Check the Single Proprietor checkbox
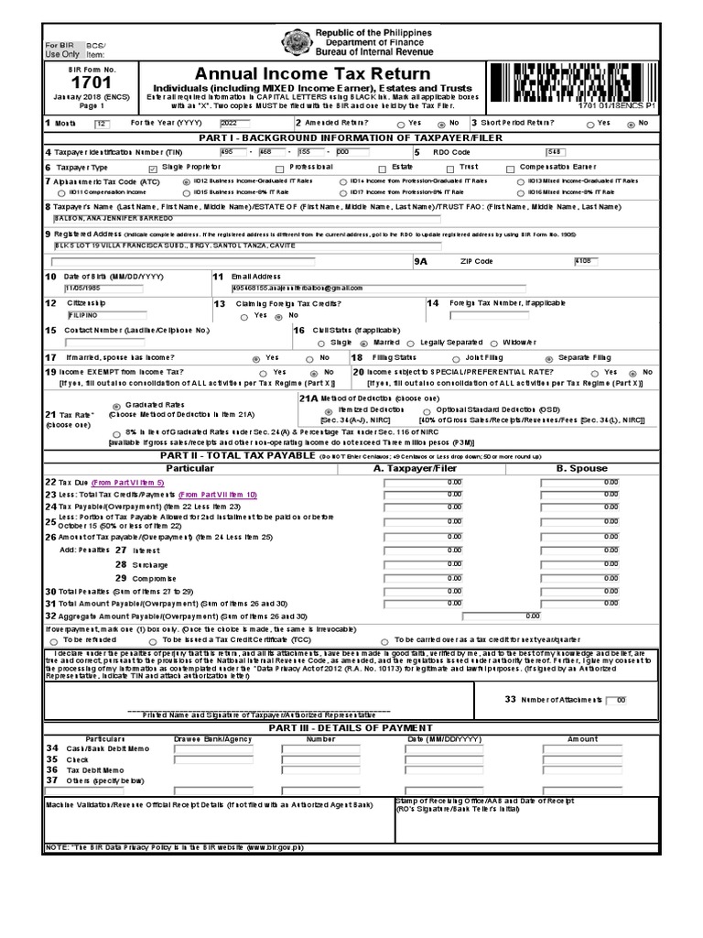click(x=153, y=169)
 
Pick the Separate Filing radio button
click(x=549, y=358)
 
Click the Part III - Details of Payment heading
click(x=351, y=726)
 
